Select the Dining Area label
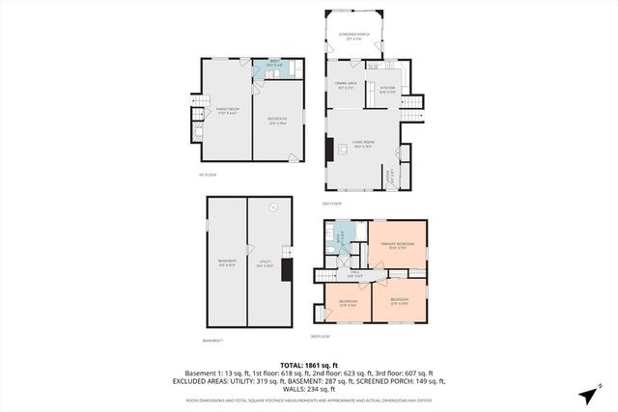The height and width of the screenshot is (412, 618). (x=347, y=87)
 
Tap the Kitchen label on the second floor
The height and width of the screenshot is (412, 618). (x=387, y=90)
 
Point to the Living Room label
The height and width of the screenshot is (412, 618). (x=363, y=146)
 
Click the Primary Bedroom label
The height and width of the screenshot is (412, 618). (x=396, y=245)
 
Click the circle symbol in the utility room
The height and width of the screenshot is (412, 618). (x=273, y=206)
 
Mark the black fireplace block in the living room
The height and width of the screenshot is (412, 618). (x=329, y=150)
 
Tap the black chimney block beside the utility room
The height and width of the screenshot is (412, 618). (x=285, y=268)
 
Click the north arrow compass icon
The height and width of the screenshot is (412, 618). (x=589, y=395)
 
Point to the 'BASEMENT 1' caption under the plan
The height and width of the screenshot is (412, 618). (x=213, y=340)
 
